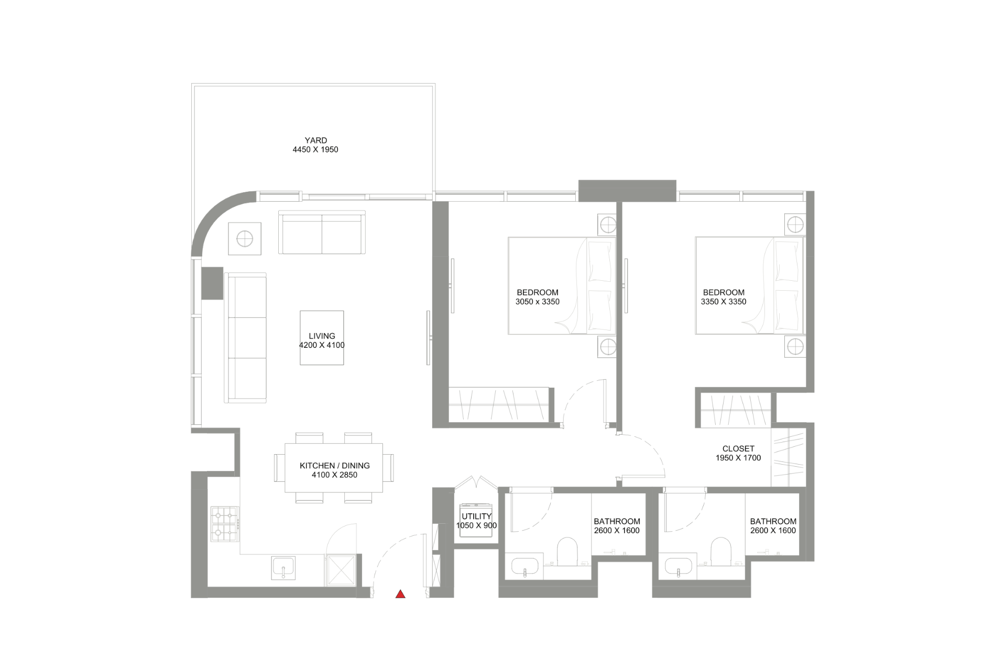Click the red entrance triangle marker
tap(400, 594)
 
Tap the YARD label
tap(316, 140)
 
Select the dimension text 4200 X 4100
tap(322, 345)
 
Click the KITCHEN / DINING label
tap(335, 466)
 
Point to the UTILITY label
tap(477, 516)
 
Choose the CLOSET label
tap(738, 449)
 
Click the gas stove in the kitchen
tap(224, 524)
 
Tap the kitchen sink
tap(283, 568)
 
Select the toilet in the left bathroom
tap(567, 552)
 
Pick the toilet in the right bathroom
tap(721, 552)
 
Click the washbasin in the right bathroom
tap(679, 566)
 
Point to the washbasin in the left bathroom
tap(524, 566)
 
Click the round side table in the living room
tap(245, 239)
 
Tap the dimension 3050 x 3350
tap(538, 302)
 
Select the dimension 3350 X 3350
tap(724, 302)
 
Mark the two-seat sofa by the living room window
tap(322, 233)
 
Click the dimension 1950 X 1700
tap(738, 458)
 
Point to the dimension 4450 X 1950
tap(315, 150)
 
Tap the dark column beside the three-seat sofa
tap(213, 283)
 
